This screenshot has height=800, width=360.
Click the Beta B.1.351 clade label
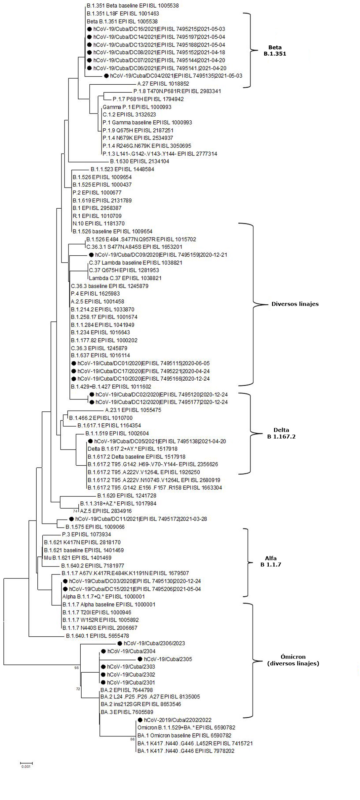point(275,50)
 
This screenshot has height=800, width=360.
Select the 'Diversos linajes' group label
point(295,304)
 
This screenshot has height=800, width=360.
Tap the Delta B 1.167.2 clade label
point(281,433)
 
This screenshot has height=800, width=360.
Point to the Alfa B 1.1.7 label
point(271,562)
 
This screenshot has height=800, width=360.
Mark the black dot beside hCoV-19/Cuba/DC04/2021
point(106,76)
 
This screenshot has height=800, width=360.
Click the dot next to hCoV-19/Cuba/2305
point(140,659)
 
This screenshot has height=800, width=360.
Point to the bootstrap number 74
point(75,511)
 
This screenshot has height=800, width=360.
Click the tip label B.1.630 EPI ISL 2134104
point(140,161)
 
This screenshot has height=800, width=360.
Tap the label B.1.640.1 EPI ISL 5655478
point(97,636)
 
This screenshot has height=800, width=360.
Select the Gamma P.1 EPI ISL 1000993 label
point(137,107)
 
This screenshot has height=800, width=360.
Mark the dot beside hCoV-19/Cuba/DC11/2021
point(71,519)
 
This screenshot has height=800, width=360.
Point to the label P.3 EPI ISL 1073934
point(86,534)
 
